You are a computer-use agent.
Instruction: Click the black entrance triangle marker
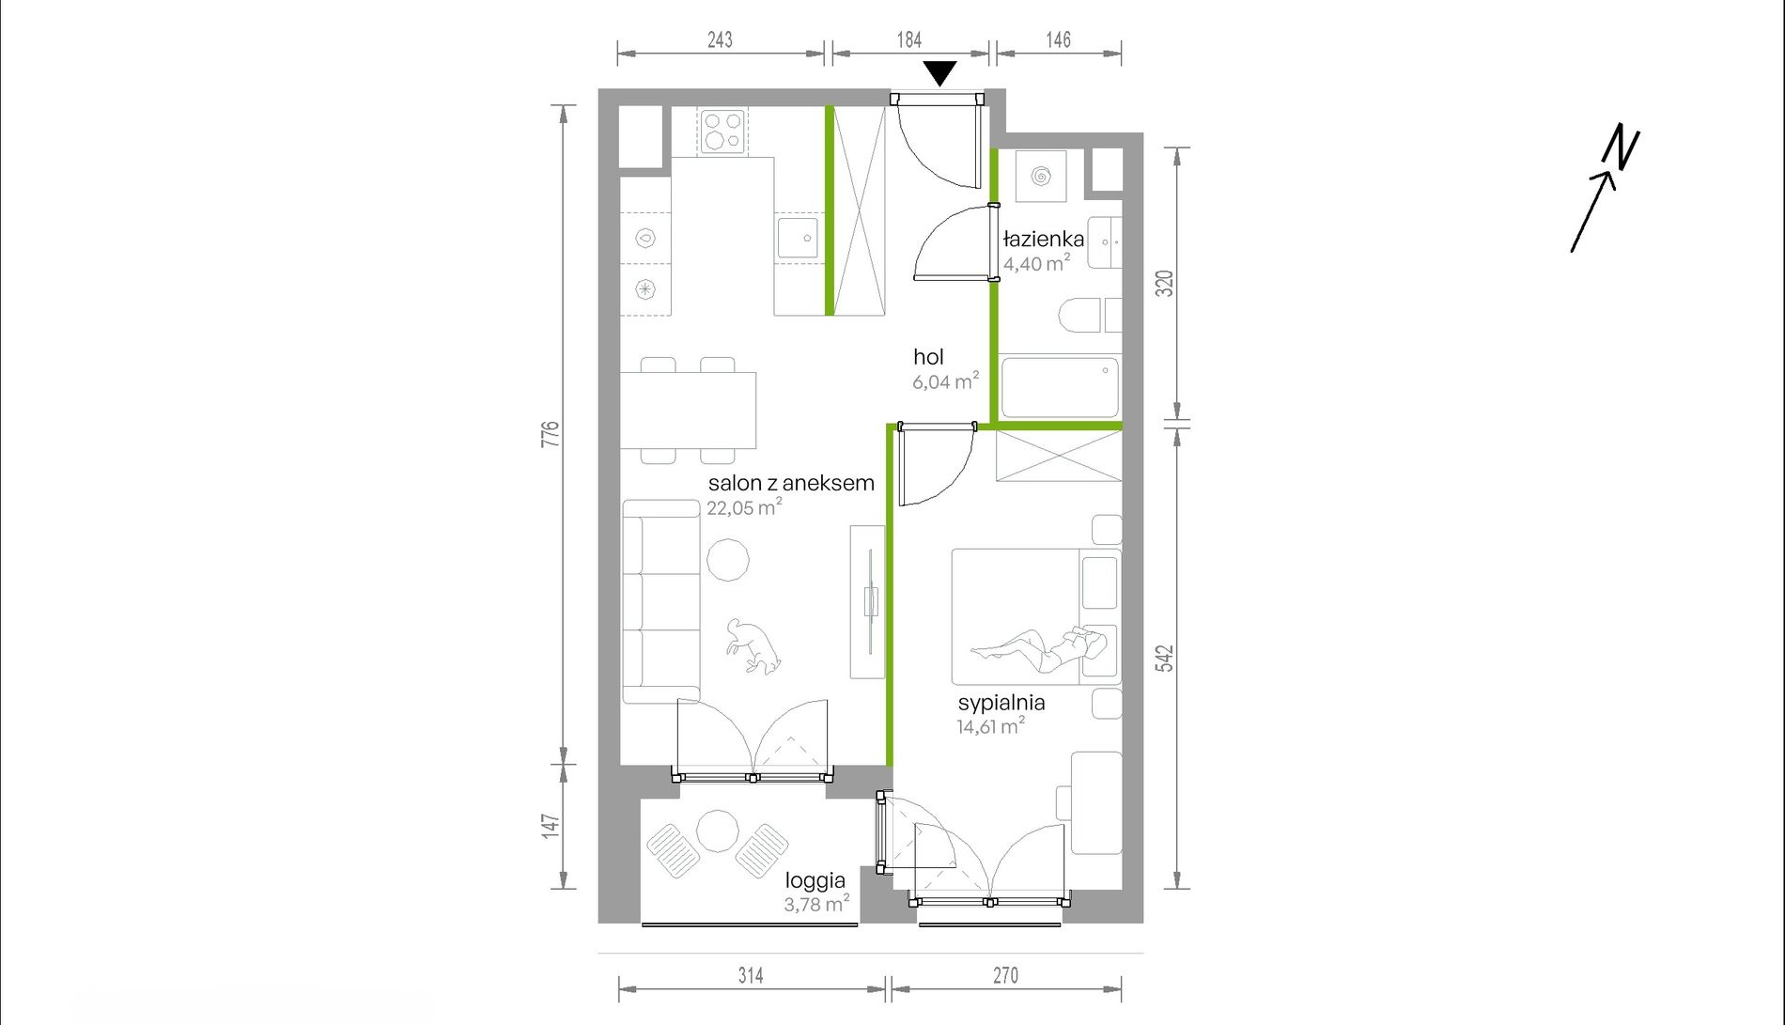tap(939, 72)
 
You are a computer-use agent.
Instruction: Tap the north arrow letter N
tap(1622, 148)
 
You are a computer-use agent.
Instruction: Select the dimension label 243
tap(720, 39)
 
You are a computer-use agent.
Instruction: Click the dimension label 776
tap(551, 433)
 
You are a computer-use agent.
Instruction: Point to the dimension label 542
tap(1165, 658)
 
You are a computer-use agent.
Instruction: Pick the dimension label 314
tap(751, 975)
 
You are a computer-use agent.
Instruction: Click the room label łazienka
tap(1043, 239)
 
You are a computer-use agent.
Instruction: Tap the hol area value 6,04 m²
tap(945, 380)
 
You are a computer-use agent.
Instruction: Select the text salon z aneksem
tap(791, 483)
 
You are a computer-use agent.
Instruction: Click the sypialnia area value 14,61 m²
tap(990, 725)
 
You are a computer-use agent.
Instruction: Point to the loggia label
tap(815, 880)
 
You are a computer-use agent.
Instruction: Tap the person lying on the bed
tap(1039, 647)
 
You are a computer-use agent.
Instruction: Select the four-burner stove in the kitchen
tap(722, 132)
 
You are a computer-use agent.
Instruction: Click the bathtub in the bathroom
tap(1060, 386)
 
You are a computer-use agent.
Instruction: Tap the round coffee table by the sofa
tap(728, 560)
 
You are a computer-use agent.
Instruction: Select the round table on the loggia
tap(718, 831)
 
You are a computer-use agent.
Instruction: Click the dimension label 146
tap(1058, 39)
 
